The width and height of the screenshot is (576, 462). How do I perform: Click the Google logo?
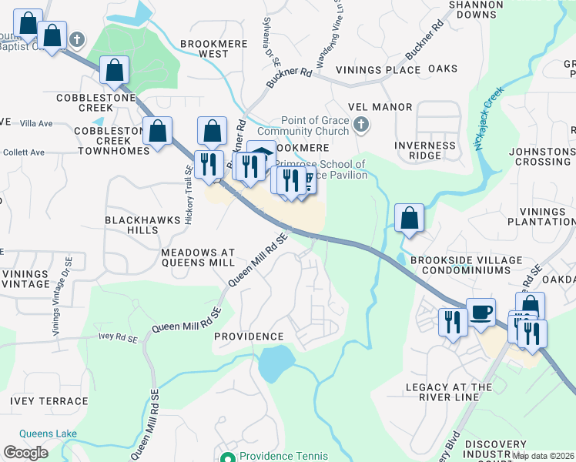click(x=25, y=453)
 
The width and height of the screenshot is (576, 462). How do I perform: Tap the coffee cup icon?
click(x=481, y=313)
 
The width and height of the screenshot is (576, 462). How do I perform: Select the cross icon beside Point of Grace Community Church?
click(x=360, y=123)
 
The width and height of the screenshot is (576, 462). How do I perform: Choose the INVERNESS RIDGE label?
click(x=424, y=150)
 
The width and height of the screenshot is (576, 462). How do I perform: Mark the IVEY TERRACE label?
click(x=49, y=401)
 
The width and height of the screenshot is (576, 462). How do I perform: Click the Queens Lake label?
click(x=48, y=434)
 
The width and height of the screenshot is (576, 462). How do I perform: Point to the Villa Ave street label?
click(x=36, y=123)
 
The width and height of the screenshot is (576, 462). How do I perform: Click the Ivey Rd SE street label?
click(x=118, y=338)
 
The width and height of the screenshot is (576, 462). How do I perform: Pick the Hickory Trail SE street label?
click(x=188, y=194)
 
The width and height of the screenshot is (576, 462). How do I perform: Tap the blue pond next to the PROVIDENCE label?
click(x=276, y=362)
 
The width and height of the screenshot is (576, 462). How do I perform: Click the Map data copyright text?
click(x=543, y=456)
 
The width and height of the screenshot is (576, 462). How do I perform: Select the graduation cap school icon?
click(x=261, y=152)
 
